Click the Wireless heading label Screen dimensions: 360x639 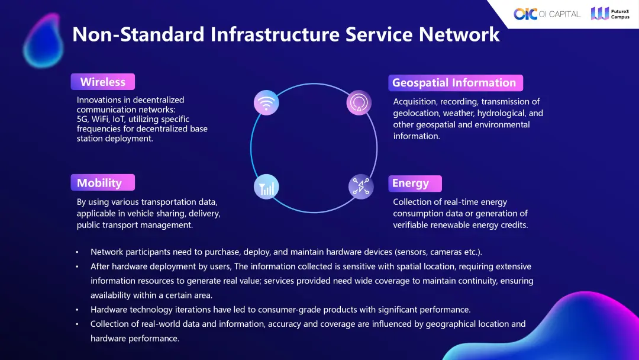103,82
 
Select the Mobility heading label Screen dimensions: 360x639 99,182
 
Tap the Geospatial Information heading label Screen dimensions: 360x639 454,83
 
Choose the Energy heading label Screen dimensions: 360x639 410,183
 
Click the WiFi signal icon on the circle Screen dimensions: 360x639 266,102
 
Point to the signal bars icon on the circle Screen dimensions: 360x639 266,187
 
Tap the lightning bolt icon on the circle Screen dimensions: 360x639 360,187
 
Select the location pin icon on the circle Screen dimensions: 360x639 359,102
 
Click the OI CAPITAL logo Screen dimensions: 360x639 547,14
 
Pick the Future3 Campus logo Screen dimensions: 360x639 610,14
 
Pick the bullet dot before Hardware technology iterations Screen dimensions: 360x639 77,310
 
